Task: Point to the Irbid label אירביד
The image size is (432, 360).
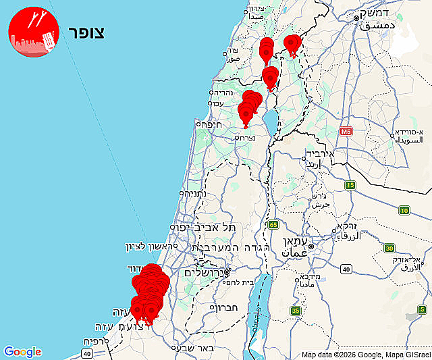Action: click(x=330, y=154)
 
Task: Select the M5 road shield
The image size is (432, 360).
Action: click(x=346, y=130)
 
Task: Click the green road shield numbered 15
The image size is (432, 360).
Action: click(x=350, y=184)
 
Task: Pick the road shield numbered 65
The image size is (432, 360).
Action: click(x=273, y=224)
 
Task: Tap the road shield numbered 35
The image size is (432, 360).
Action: click(x=296, y=310)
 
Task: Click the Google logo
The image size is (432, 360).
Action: click(x=22, y=351)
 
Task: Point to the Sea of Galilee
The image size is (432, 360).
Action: click(x=269, y=122)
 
